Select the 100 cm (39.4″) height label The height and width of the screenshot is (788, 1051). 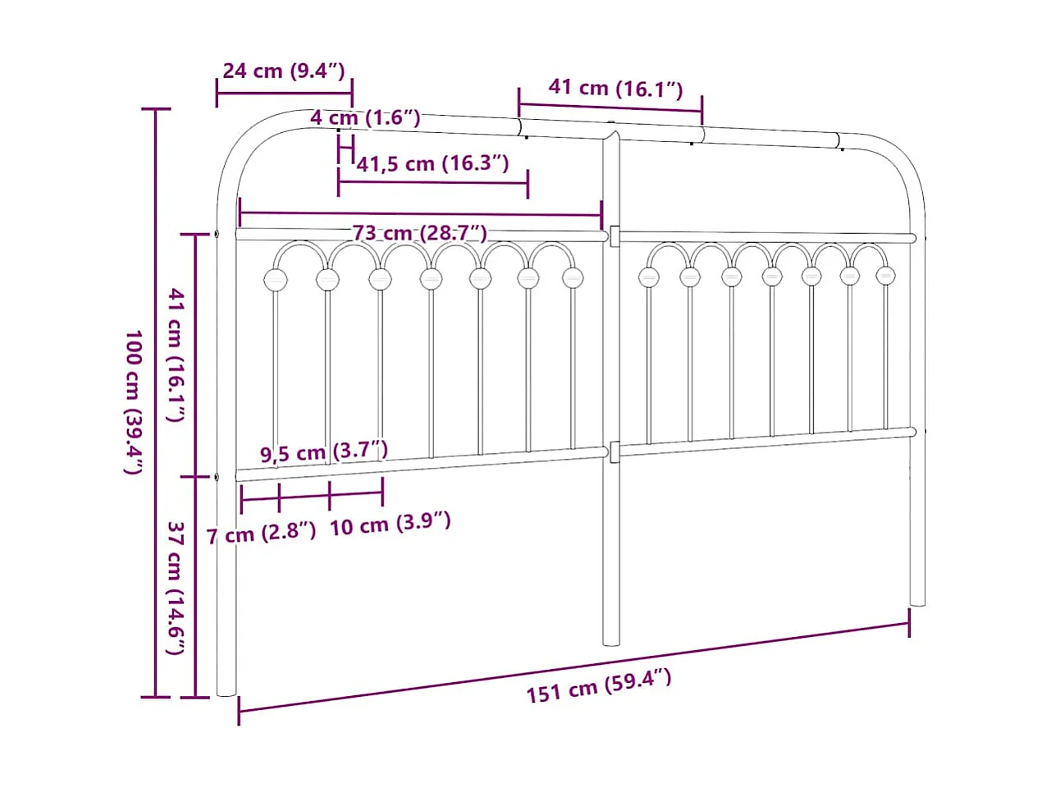point(134,402)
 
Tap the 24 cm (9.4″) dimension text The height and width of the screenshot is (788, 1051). point(284,71)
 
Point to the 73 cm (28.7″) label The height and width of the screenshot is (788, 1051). point(420,233)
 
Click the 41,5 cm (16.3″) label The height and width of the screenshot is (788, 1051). point(433,163)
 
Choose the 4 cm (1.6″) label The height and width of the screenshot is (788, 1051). point(365,118)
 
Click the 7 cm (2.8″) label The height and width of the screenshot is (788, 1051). point(261,535)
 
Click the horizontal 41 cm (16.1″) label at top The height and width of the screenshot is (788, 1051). point(615,88)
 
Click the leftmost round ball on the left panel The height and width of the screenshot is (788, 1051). point(276,280)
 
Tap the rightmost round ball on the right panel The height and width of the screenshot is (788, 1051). point(884,276)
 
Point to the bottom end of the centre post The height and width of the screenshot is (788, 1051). point(611,641)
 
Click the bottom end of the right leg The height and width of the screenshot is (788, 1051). point(917,602)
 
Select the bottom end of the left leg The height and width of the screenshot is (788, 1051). point(226,692)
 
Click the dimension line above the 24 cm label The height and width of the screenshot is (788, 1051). point(284,92)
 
